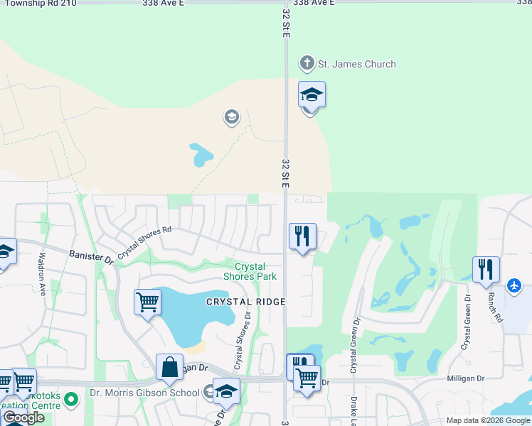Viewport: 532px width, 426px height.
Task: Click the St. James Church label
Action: tap(356, 65)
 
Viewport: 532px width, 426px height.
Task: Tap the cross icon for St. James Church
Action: tap(307, 64)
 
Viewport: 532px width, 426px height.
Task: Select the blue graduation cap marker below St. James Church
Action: tap(312, 94)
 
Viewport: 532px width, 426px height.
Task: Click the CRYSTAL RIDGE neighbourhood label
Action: tap(245, 302)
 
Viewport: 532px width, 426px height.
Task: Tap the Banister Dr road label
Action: tap(92, 256)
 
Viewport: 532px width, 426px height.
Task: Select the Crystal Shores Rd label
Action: tap(145, 241)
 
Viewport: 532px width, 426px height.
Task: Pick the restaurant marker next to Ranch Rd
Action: tap(486, 270)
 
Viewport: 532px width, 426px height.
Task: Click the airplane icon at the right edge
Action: tap(515, 285)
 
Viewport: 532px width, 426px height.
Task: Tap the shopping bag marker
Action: tap(169, 368)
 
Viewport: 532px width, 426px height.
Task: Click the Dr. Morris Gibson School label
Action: tap(144, 393)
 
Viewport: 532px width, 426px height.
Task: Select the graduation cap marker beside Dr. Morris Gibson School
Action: tap(226, 391)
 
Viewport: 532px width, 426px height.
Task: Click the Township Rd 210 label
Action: tap(38, 4)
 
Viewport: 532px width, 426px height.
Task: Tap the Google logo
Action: tap(23, 418)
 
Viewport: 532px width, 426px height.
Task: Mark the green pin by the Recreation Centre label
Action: tap(70, 400)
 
